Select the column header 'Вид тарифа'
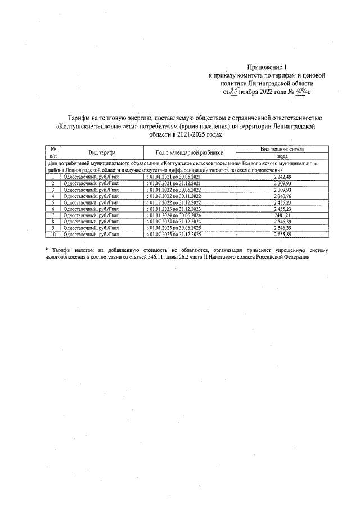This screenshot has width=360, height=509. coord(102,152)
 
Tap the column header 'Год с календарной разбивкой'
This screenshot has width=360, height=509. coord(190,152)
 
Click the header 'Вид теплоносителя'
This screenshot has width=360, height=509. coord(282,149)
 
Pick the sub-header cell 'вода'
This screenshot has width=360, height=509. coord(282,157)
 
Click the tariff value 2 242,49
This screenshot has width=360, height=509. coord(282,177)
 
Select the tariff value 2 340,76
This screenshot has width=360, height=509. coord(282,196)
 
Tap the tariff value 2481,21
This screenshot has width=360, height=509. coord(282,215)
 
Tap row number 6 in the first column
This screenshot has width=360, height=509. coord(52,209)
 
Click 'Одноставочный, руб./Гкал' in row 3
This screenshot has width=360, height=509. coord(91,190)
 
